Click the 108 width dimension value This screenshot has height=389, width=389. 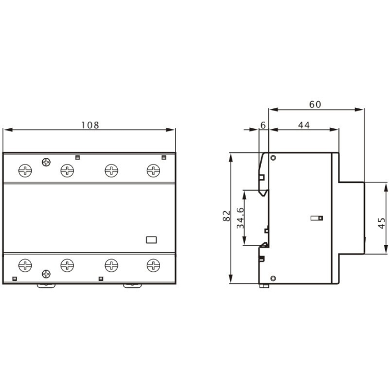[89, 125]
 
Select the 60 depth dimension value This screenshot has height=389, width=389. [315, 104]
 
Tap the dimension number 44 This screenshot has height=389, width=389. [303, 126]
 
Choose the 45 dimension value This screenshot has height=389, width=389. [381, 223]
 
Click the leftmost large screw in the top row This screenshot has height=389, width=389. [25, 171]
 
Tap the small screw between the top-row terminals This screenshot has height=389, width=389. [46, 162]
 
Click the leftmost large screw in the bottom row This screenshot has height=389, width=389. [25, 265]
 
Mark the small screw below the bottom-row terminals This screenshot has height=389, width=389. [46, 274]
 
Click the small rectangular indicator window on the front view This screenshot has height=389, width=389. [151, 240]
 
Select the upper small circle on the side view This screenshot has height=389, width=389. [273, 158]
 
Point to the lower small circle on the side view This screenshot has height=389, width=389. [273, 278]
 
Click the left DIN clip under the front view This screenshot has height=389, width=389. [46, 286]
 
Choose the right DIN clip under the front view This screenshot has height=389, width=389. [132, 286]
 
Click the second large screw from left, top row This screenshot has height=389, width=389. [67, 171]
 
